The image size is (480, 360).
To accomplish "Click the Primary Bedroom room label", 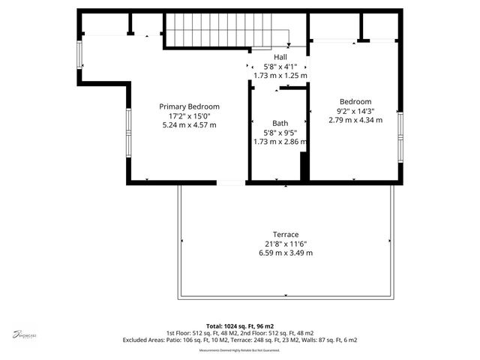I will pos(189,106).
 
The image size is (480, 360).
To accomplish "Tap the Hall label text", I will pos(280,57).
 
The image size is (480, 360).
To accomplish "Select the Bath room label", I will pos(280,123).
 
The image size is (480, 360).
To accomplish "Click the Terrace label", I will pos(286,234).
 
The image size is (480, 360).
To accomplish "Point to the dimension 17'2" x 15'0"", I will pos(189,115).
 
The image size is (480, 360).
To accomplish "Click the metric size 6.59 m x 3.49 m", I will pos(286,253).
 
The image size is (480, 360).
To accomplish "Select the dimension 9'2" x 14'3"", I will pos(355,111).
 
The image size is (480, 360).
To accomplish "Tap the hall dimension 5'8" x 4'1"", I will pos(280,66).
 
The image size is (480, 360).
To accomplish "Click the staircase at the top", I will pos(227,31).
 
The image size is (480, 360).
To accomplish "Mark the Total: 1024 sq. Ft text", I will pos(240,325).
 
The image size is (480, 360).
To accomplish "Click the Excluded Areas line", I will pos(240,340).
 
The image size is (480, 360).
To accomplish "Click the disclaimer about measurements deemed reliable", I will pos(240,350).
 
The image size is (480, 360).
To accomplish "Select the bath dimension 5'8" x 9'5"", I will pos(280,132).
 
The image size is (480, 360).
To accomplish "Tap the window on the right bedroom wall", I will pos(401,136).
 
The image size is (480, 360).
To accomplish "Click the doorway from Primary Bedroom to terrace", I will pos(231,182).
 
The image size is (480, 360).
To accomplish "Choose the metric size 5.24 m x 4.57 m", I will pos(189,124).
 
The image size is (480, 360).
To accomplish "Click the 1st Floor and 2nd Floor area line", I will pos(240,333).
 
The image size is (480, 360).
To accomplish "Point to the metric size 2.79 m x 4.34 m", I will pos(355,120).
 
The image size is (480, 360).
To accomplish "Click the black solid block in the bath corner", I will pos(304,166).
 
